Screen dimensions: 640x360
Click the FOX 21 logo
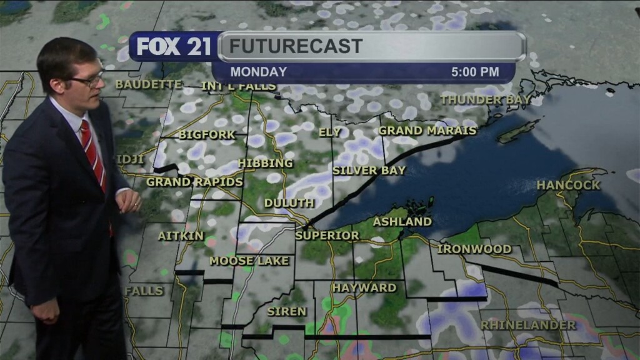[x=174, y=46]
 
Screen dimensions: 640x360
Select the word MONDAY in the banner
[x=258, y=72]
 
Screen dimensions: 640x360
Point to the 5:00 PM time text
[x=475, y=72]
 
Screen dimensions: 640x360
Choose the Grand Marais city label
[x=427, y=131]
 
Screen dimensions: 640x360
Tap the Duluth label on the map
[x=289, y=203]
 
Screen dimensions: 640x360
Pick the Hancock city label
[x=568, y=185]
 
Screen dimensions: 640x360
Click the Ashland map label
[x=402, y=222]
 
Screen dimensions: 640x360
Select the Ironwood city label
[x=474, y=249]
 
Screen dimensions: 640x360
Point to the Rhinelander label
[x=528, y=325]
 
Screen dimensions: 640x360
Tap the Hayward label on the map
[x=364, y=287]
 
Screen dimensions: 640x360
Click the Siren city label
[x=286, y=311]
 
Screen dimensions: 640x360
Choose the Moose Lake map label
[x=249, y=261]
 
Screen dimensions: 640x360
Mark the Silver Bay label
[x=369, y=170]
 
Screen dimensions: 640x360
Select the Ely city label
[x=329, y=132]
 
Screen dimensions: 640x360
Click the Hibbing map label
[x=265, y=163]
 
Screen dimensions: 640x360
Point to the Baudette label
[x=148, y=84]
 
